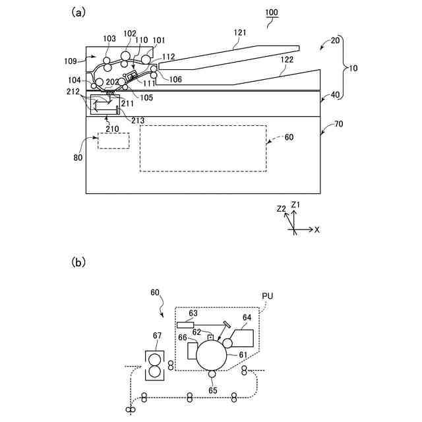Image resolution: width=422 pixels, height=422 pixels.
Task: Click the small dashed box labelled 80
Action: (113, 140)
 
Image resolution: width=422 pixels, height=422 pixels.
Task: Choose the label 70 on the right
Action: (337, 123)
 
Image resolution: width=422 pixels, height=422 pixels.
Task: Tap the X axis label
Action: (317, 229)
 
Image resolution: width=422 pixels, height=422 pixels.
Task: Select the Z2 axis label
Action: (282, 209)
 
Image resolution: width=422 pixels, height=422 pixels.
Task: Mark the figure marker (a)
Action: (78, 12)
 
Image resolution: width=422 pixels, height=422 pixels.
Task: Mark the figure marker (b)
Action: (78, 262)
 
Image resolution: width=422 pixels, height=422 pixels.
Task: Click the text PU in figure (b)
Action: (268, 296)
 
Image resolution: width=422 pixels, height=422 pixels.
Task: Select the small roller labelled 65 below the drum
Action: (212, 375)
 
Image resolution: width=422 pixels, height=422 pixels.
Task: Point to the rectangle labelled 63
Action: (185, 324)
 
